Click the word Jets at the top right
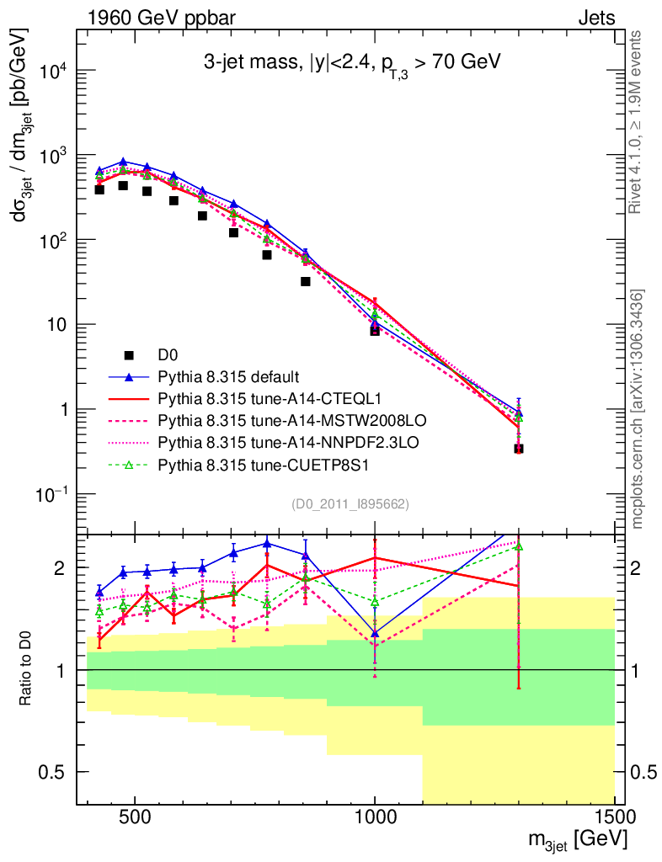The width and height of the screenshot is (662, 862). pos(595,16)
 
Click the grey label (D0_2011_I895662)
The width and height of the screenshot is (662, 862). pos(350,504)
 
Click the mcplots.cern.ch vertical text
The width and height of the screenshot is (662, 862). pos(638,409)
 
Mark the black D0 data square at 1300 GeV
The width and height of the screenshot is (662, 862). pos(519,449)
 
